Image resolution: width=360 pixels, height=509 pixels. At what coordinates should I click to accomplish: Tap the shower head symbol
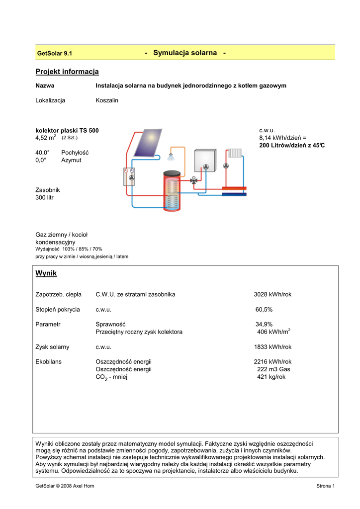coord(171,157)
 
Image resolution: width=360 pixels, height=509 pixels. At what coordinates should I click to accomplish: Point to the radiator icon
coord(235,153)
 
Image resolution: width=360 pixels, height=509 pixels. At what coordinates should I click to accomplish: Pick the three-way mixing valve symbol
coord(195,180)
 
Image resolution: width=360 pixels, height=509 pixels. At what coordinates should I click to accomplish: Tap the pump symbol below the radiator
coord(226,166)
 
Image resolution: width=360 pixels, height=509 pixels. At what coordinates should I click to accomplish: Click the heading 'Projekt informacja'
coord(67,72)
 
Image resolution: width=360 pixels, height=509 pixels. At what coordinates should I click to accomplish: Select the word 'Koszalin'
coord(107,100)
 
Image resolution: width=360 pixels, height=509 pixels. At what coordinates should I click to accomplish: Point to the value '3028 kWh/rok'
coord(272,295)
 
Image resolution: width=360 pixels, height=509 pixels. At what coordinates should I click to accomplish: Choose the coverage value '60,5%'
coord(264,310)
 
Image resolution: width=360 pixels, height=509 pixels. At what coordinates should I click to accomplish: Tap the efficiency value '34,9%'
coord(264,325)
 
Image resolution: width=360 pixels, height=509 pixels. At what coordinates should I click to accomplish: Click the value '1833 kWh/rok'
coord(272,347)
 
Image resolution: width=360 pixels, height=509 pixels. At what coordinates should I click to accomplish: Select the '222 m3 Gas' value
coord(273,369)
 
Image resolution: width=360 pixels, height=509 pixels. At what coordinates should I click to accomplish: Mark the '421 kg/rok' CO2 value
coord(271,377)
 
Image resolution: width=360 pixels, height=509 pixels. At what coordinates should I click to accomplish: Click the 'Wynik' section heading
coord(46,273)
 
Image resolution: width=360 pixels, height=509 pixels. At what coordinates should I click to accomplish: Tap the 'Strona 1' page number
coord(326,486)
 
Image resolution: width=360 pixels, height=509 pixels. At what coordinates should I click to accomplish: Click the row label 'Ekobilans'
coord(49,362)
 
